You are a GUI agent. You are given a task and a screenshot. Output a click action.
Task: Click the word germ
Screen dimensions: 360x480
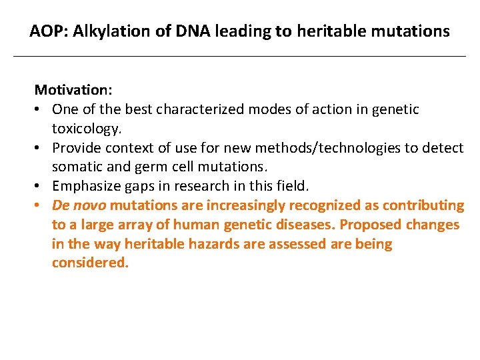coord(144,167)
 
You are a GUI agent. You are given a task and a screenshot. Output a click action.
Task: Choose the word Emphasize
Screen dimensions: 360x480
coord(84,186)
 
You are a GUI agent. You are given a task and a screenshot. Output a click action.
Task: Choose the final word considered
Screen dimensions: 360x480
coord(89,263)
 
